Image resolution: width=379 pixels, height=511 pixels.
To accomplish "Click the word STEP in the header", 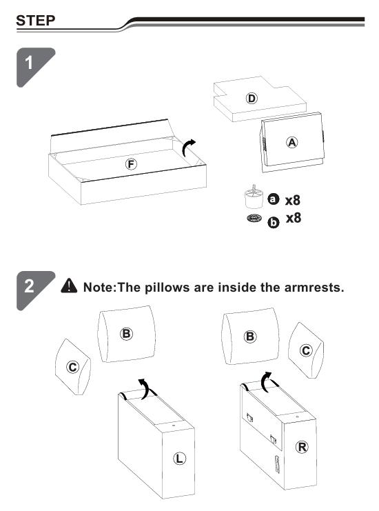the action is [x=36, y=21].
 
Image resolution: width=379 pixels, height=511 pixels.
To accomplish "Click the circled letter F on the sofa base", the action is [x=131, y=164].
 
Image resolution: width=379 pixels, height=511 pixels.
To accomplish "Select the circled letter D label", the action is [x=252, y=98].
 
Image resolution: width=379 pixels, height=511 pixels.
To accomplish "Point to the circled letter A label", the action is [x=292, y=143].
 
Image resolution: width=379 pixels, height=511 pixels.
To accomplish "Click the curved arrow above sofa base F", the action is [x=188, y=148].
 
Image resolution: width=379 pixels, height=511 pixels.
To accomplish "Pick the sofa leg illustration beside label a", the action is [x=254, y=197].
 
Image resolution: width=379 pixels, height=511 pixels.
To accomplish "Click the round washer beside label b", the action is [x=254, y=218].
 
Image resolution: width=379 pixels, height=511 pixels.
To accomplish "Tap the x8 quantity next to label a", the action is [x=293, y=200].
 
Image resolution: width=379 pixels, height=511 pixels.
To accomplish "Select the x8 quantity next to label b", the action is [x=294, y=218].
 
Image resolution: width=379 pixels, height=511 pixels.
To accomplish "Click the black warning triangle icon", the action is [x=69, y=285].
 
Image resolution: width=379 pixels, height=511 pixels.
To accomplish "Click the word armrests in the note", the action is [x=314, y=288].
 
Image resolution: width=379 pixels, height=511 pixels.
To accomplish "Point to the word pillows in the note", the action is [x=167, y=288].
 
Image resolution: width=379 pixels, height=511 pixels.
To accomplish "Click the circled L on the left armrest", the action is [x=179, y=458].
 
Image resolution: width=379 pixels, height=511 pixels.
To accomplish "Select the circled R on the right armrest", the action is [x=302, y=447].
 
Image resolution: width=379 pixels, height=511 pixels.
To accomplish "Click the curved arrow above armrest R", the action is [x=267, y=381].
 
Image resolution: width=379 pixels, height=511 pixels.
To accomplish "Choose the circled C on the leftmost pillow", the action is [x=72, y=368].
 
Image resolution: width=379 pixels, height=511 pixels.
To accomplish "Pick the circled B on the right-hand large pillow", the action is [x=250, y=337].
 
